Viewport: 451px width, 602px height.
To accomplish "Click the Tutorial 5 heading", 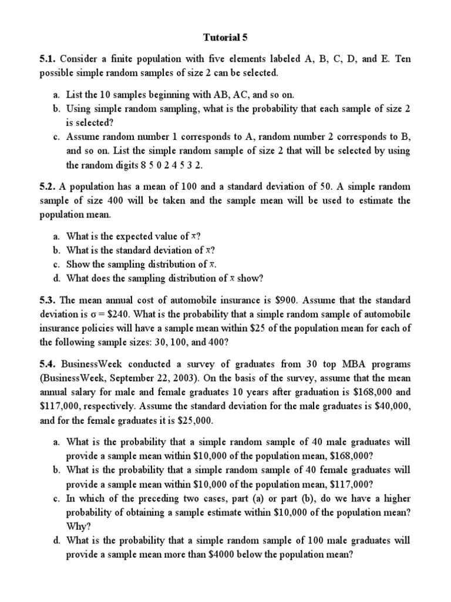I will [225, 37].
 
